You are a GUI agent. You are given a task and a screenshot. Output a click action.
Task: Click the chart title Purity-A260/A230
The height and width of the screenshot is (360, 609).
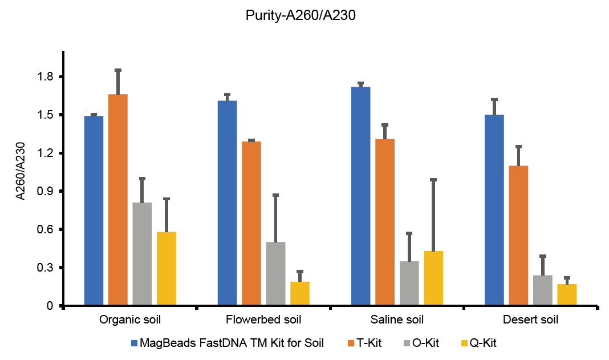pos(301,16)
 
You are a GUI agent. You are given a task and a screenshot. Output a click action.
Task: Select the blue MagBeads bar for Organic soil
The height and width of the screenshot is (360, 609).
pos(94,211)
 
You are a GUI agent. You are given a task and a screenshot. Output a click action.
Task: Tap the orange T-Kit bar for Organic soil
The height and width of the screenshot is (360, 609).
pos(118,200)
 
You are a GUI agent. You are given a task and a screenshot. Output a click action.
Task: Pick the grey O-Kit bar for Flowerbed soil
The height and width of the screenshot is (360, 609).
pos(275,274)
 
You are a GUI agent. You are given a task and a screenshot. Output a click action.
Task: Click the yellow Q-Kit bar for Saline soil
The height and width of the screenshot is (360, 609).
pos(433,278)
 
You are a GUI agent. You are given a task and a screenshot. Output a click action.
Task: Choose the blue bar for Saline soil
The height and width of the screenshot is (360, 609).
pos(360,196)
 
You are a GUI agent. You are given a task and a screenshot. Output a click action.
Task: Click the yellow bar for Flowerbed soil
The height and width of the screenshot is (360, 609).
pos(300,294)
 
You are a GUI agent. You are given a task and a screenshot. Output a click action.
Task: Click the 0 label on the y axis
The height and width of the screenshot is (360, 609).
pos(50,306)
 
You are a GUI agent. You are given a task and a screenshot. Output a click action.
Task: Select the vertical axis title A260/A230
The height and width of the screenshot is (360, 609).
pos(21,171)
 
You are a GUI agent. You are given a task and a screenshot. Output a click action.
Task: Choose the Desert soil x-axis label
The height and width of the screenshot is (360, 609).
pos(530,319)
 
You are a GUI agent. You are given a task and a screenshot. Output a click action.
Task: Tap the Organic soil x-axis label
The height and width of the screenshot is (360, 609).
pos(131,319)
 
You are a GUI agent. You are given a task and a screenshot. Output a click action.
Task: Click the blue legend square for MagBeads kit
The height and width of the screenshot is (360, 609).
pos(135,343)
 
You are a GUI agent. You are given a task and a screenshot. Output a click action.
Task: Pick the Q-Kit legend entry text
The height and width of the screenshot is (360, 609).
pos(485,343)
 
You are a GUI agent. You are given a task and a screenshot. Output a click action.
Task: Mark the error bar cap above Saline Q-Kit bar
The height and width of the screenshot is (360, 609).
pos(433,180)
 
